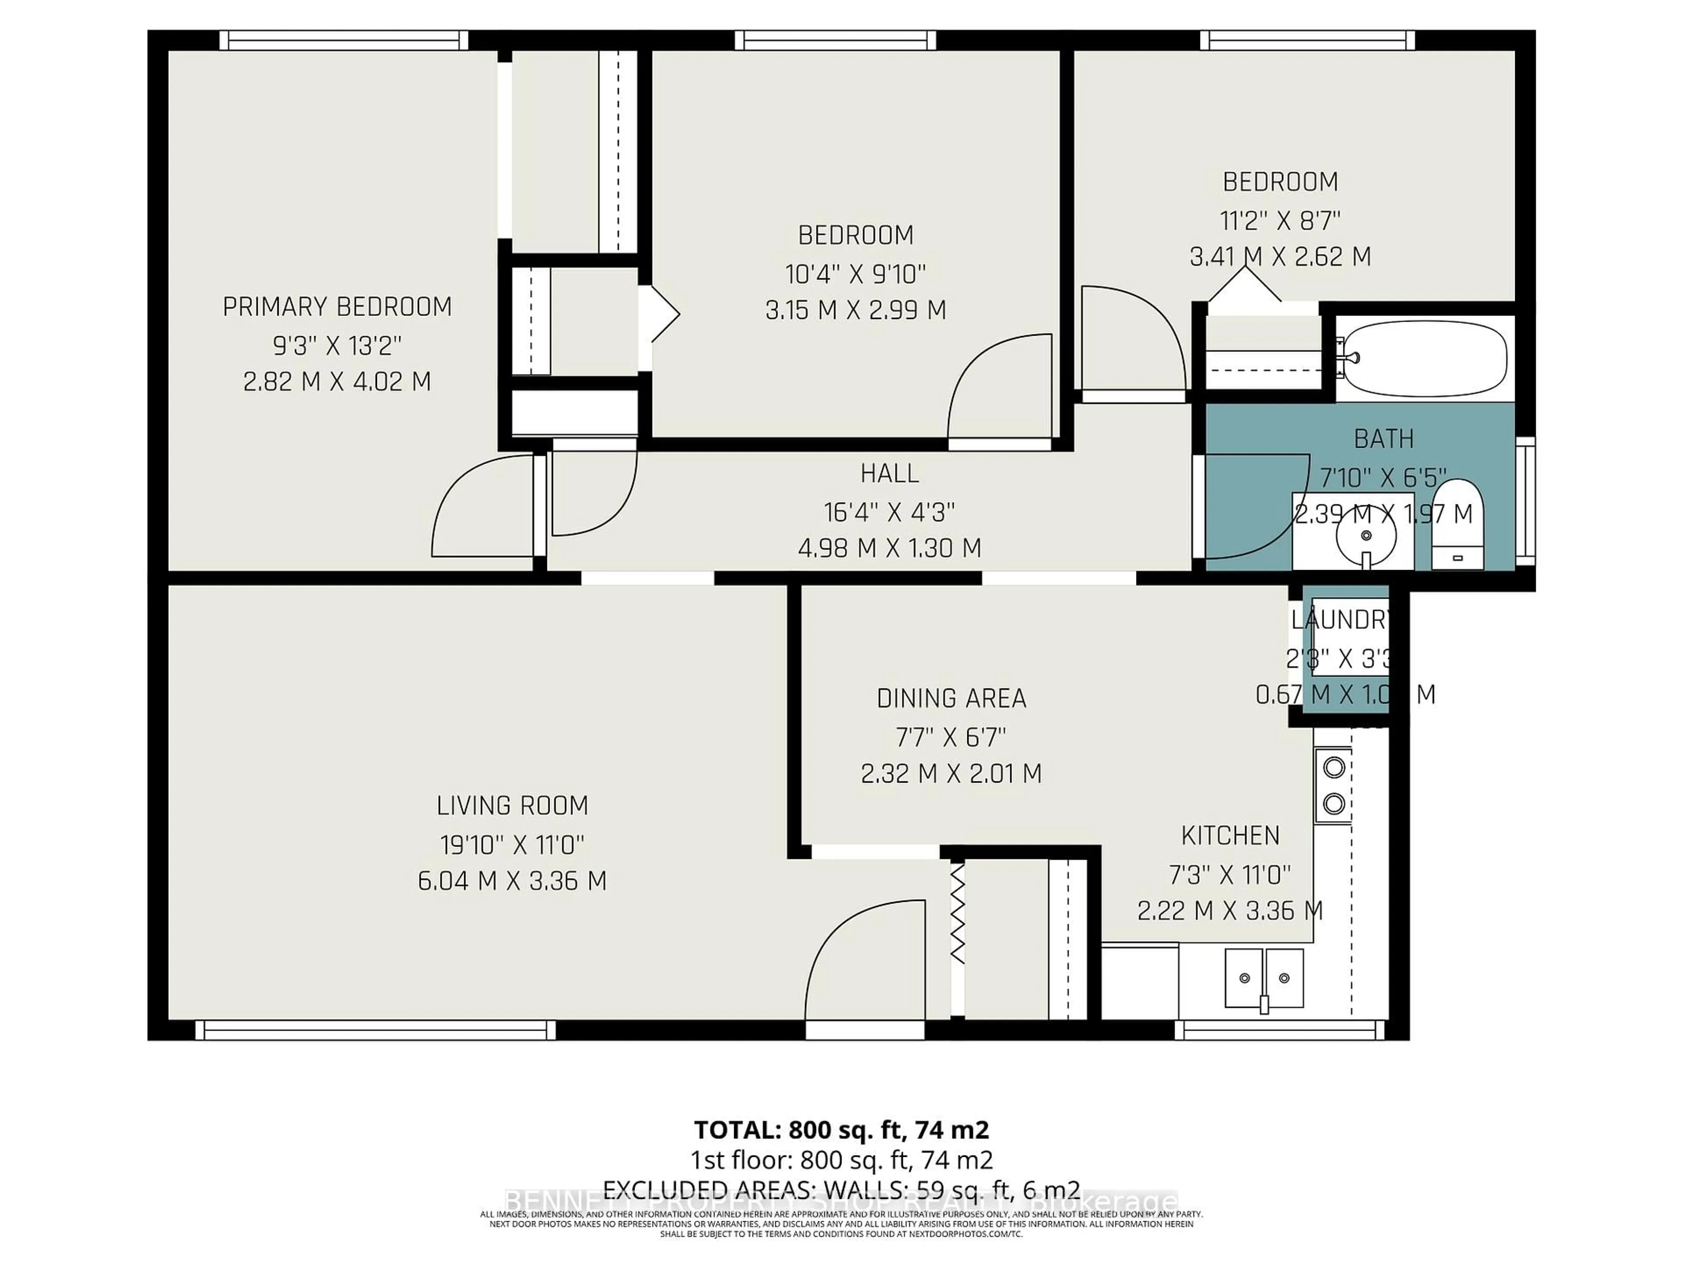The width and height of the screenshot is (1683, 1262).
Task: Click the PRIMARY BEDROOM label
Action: click(x=337, y=307)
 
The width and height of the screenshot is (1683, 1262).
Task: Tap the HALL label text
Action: click(x=889, y=474)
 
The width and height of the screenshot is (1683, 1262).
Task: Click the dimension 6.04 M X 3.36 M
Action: click(x=512, y=881)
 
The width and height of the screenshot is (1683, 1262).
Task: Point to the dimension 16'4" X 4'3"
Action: click(x=889, y=512)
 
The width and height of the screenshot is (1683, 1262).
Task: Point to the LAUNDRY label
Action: click(x=1341, y=620)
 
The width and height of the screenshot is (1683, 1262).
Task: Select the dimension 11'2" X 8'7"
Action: click(x=1280, y=220)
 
